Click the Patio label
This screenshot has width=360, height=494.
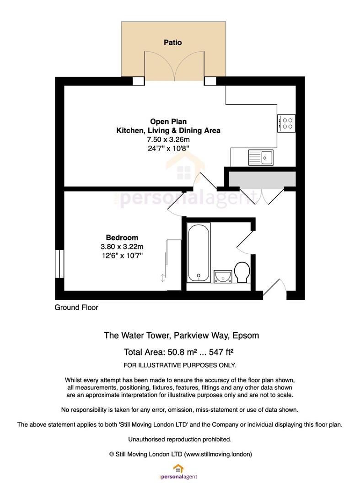click(172, 42)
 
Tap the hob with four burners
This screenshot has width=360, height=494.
click(286, 123)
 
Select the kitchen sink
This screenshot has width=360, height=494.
click(261, 157)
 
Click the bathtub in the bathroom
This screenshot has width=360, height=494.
click(199, 252)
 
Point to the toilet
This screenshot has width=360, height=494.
click(242, 272)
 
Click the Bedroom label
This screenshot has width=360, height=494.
click(122, 237)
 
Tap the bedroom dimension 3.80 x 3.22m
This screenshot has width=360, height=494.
click(122, 247)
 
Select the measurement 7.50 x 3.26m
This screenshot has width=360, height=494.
click(168, 139)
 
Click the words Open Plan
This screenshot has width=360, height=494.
click(168, 122)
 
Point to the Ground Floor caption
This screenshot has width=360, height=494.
click(76, 307)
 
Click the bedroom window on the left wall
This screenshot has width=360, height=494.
click(59, 264)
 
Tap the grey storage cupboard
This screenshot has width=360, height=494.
click(262, 179)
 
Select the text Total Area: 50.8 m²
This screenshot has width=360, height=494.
click(161, 352)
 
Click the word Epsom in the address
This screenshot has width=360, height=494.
click(246, 336)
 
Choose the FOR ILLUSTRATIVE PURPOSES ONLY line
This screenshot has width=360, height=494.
click(180, 365)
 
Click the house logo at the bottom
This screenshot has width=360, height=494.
click(178, 468)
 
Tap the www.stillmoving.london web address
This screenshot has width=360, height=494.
click(218, 454)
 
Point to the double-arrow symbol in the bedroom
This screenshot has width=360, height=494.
click(162, 278)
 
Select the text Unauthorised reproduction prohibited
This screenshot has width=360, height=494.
click(180, 440)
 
